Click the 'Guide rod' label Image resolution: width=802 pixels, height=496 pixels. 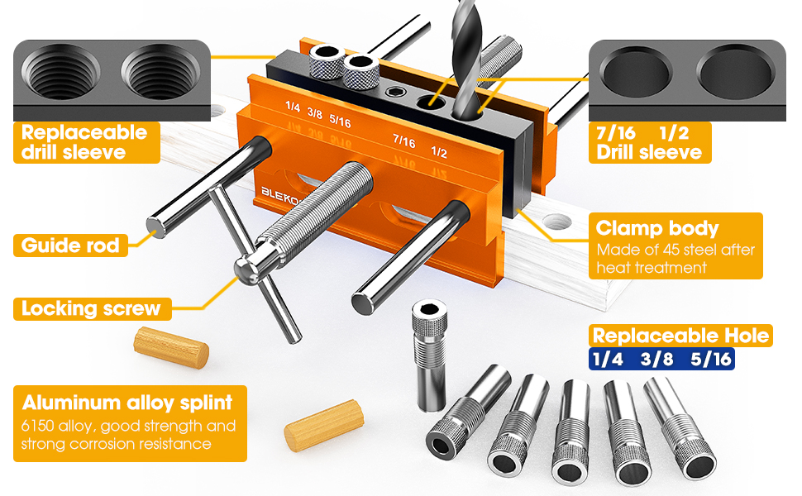(x=71, y=246)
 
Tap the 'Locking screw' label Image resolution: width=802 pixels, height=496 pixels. (x=91, y=309)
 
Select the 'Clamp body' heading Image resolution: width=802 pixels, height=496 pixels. (x=657, y=229)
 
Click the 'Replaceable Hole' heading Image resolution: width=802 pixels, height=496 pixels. (x=680, y=336)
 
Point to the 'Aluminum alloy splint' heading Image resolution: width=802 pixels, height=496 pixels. (x=127, y=403)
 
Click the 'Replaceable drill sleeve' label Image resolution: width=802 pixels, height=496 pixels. (x=84, y=141)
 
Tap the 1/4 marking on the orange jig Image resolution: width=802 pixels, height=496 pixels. (x=293, y=107)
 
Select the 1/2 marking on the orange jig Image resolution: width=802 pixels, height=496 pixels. (x=439, y=153)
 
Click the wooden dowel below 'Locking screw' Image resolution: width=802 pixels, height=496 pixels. (x=171, y=346)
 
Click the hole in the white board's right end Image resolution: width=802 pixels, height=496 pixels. (x=558, y=222)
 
